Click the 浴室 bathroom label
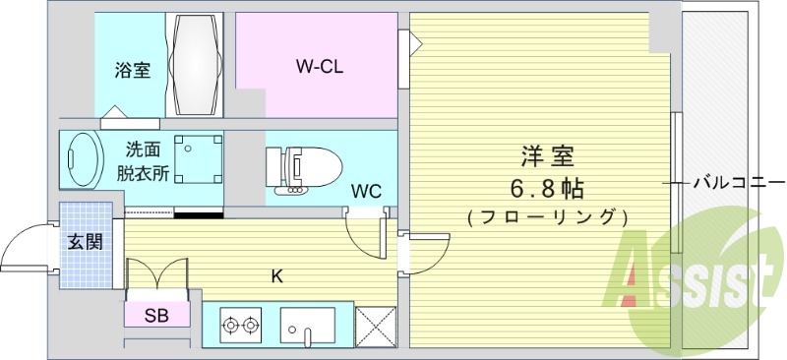tap(132, 72)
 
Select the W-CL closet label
tap(320, 67)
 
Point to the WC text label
tap(366, 190)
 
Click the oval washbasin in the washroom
tap(82, 158)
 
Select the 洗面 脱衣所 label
tap(144, 161)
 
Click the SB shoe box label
tap(155, 316)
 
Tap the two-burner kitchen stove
tap(241, 324)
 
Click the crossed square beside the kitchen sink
tap(375, 325)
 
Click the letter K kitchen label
tap(277, 276)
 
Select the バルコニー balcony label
tap(739, 183)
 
